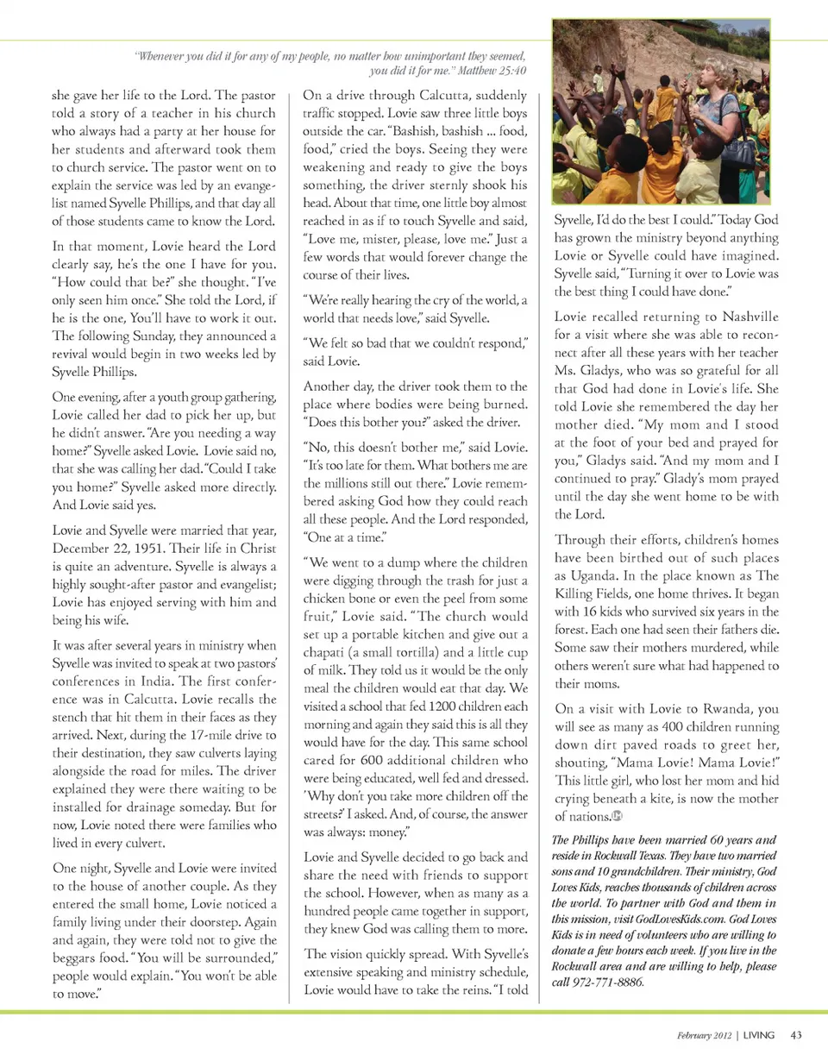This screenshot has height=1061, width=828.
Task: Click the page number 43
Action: click(x=796, y=1035)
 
